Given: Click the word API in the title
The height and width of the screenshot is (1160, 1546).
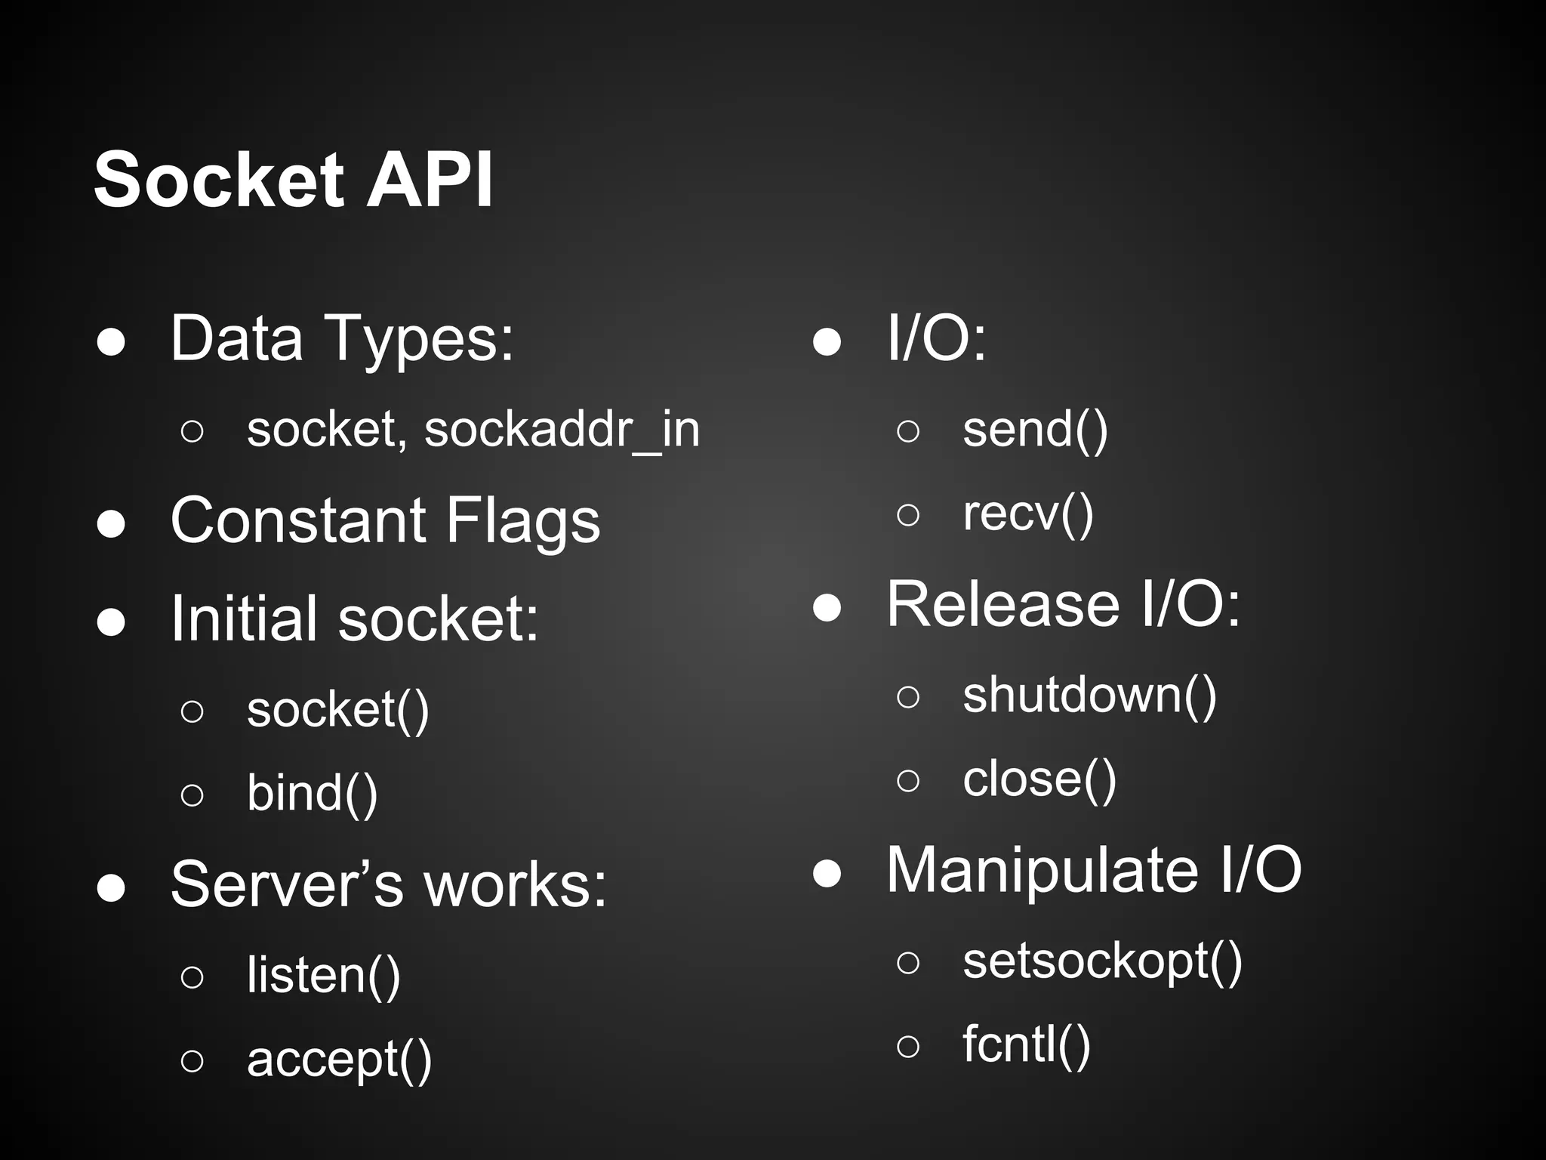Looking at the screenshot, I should tap(429, 180).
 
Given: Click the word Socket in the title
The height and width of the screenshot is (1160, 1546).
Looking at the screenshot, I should tap(219, 180).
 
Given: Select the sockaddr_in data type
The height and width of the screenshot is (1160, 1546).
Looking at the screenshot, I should tap(562, 429).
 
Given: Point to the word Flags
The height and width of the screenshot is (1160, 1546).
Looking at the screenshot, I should tap(522, 521).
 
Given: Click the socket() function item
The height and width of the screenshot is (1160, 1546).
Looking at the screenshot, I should tap(337, 710).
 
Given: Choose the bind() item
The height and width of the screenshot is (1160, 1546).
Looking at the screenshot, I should tap(312, 793).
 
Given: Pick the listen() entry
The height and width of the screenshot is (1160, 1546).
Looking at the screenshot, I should tap(323, 975).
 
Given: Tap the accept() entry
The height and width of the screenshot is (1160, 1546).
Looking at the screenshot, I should tap(339, 1059).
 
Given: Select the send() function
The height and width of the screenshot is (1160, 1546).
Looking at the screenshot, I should tap(1035, 429).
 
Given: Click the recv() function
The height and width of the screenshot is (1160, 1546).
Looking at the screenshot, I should tap(1027, 514).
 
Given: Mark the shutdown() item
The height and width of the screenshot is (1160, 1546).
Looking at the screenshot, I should tap(1089, 695).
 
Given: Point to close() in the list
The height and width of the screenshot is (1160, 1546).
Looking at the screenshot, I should tap(1039, 779).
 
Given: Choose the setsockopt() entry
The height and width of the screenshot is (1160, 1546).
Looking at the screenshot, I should tap(1102, 961).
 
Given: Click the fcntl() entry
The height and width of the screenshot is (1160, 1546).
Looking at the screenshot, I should tap(1027, 1044).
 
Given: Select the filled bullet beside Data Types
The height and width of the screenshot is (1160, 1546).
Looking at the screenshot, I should tap(111, 342).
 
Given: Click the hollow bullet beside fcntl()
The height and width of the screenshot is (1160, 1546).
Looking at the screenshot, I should tap(908, 1046).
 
